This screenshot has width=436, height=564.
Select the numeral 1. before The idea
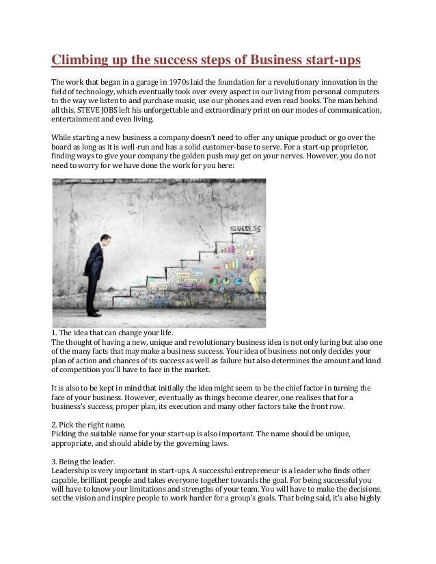(55, 333)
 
